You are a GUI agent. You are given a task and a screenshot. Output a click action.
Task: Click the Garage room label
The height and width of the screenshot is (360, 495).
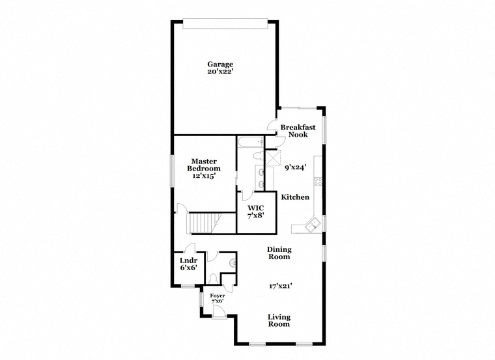[220, 64]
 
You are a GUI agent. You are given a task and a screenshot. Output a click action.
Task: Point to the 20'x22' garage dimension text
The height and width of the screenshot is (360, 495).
[220, 72]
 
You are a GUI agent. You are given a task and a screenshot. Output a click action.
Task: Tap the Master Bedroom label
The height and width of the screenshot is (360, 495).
[204, 165]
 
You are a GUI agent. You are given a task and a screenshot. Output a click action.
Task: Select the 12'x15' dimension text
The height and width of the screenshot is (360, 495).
[204, 176]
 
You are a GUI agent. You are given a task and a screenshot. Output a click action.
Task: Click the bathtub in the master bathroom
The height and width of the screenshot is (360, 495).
[251, 142]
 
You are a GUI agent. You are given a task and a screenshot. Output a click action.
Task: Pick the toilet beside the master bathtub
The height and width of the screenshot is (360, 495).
[258, 156]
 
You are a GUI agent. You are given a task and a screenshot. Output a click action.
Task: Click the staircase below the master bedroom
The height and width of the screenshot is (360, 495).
[203, 223]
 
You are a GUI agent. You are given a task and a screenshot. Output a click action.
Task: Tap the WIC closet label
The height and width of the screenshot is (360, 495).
[256, 208]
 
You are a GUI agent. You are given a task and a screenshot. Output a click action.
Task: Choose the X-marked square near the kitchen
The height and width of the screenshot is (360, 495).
[273, 158]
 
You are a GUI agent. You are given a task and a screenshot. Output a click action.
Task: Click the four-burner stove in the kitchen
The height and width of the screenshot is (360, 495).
[318, 182]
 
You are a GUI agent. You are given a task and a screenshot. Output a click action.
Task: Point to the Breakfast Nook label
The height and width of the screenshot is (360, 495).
[298, 131]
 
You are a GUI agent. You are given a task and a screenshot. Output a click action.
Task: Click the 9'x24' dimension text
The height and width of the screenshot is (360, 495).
[296, 167]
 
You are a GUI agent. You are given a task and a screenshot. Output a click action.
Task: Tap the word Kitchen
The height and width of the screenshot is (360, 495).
[295, 197]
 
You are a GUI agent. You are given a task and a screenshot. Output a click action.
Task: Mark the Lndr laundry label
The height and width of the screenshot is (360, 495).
[188, 260]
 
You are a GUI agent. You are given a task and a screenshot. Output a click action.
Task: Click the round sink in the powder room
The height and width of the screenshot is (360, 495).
[233, 262]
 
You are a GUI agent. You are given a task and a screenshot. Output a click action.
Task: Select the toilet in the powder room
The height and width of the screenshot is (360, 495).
[213, 278]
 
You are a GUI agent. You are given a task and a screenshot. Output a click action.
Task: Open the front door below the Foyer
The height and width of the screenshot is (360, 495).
[219, 312]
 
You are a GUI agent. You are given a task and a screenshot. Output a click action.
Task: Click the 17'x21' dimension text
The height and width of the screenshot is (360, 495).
[280, 286]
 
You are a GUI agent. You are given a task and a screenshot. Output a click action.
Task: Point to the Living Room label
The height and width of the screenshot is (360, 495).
[279, 320]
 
